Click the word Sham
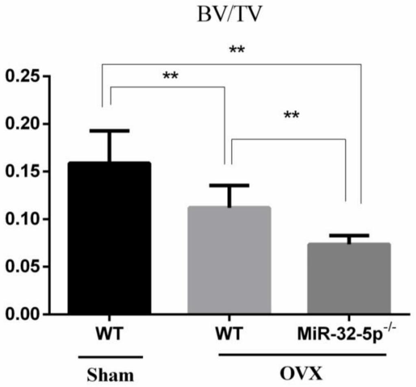[110, 374]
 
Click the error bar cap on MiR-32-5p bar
[349, 236]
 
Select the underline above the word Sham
[110, 357]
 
